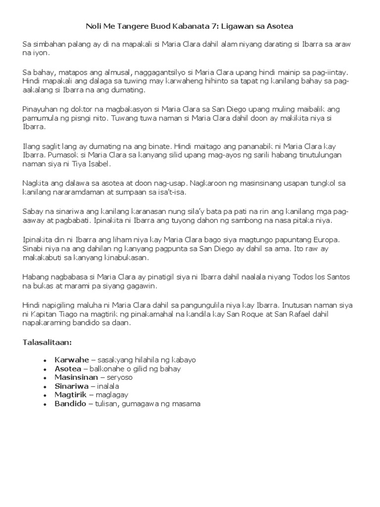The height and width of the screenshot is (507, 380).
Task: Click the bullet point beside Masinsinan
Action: click(45, 378)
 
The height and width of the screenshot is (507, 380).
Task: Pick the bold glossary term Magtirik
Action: click(71, 395)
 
